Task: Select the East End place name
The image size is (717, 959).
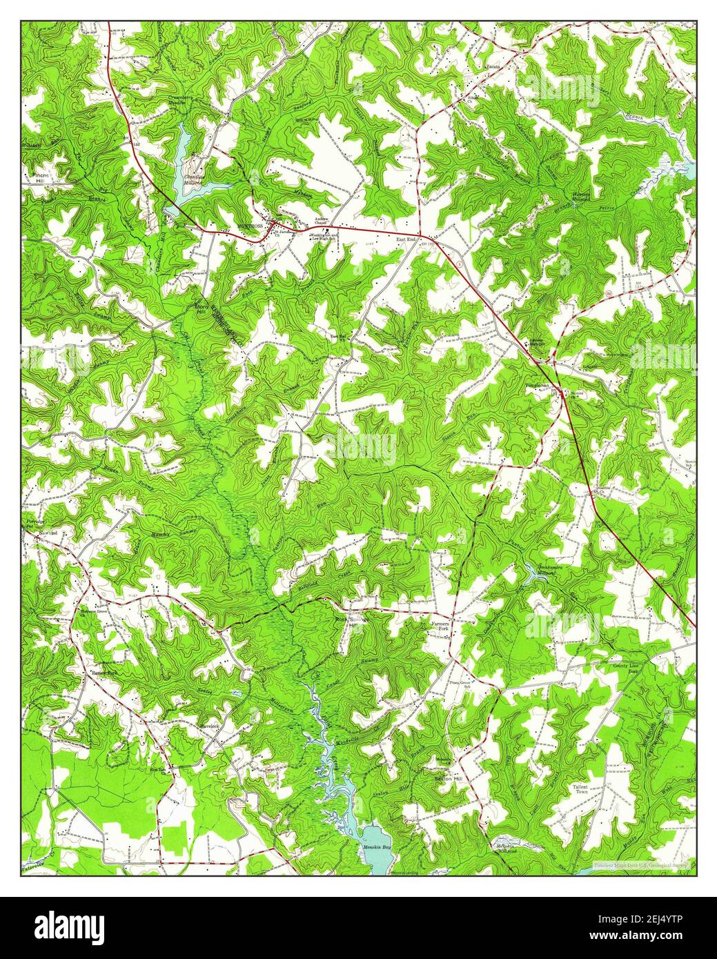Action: point(406,239)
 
